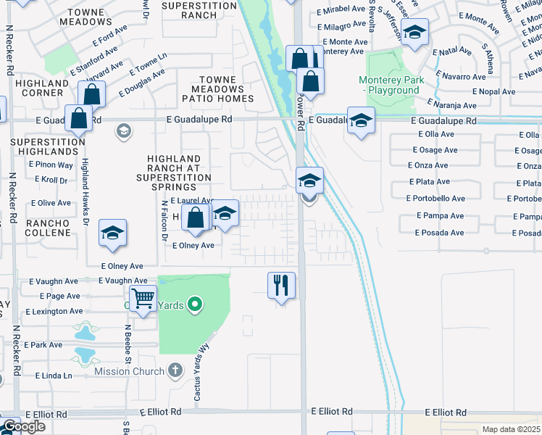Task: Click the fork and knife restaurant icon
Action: pyautogui.click(x=281, y=285)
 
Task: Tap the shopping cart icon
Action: pyautogui.click(x=143, y=298)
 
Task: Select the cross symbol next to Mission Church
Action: pyautogui.click(x=174, y=371)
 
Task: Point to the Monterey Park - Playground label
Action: pyautogui.click(x=389, y=85)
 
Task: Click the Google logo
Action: pyautogui.click(x=23, y=426)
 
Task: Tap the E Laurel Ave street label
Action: pyautogui.click(x=192, y=201)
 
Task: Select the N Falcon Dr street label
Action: pyautogui.click(x=164, y=221)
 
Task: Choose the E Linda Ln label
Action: pyautogui.click(x=54, y=376)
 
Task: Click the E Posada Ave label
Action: pyautogui.click(x=440, y=233)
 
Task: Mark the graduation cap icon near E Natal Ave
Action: pyautogui.click(x=414, y=33)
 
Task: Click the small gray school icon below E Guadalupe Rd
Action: pyautogui.click(x=124, y=131)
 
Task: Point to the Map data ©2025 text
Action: pyautogui.click(x=511, y=429)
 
